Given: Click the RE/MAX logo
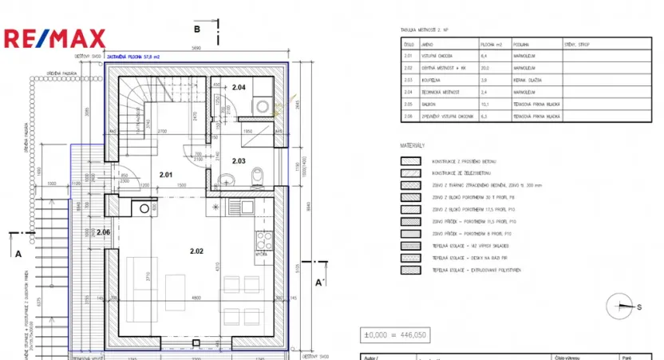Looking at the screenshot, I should click(x=54, y=38).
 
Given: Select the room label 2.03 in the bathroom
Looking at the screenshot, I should click(x=239, y=161).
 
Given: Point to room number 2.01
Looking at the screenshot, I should click(x=165, y=174).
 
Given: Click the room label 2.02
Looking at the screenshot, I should click(x=197, y=251).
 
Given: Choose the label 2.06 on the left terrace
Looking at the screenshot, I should click(x=103, y=232).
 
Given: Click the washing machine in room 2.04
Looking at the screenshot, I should click(x=262, y=106).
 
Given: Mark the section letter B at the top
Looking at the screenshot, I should click(x=196, y=30).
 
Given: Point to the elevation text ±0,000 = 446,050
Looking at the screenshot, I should click(x=397, y=334).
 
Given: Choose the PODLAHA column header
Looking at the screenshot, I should click(x=522, y=45).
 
